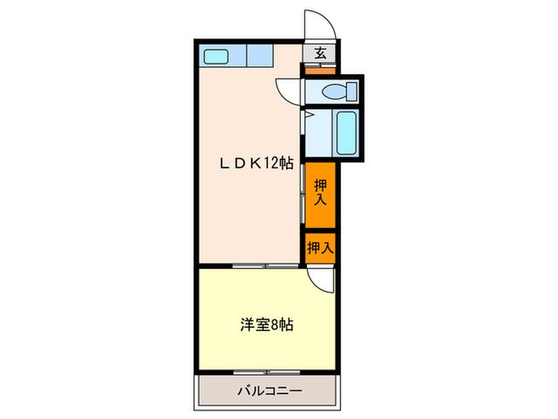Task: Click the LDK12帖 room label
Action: (x=257, y=164)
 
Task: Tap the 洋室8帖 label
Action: (x=267, y=325)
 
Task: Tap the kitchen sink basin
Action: (x=216, y=56)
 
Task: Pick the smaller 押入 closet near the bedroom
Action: (x=320, y=247)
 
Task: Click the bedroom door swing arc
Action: (x=321, y=278)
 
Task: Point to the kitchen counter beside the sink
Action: (x=259, y=56)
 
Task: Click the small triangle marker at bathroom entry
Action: (x=305, y=117)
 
